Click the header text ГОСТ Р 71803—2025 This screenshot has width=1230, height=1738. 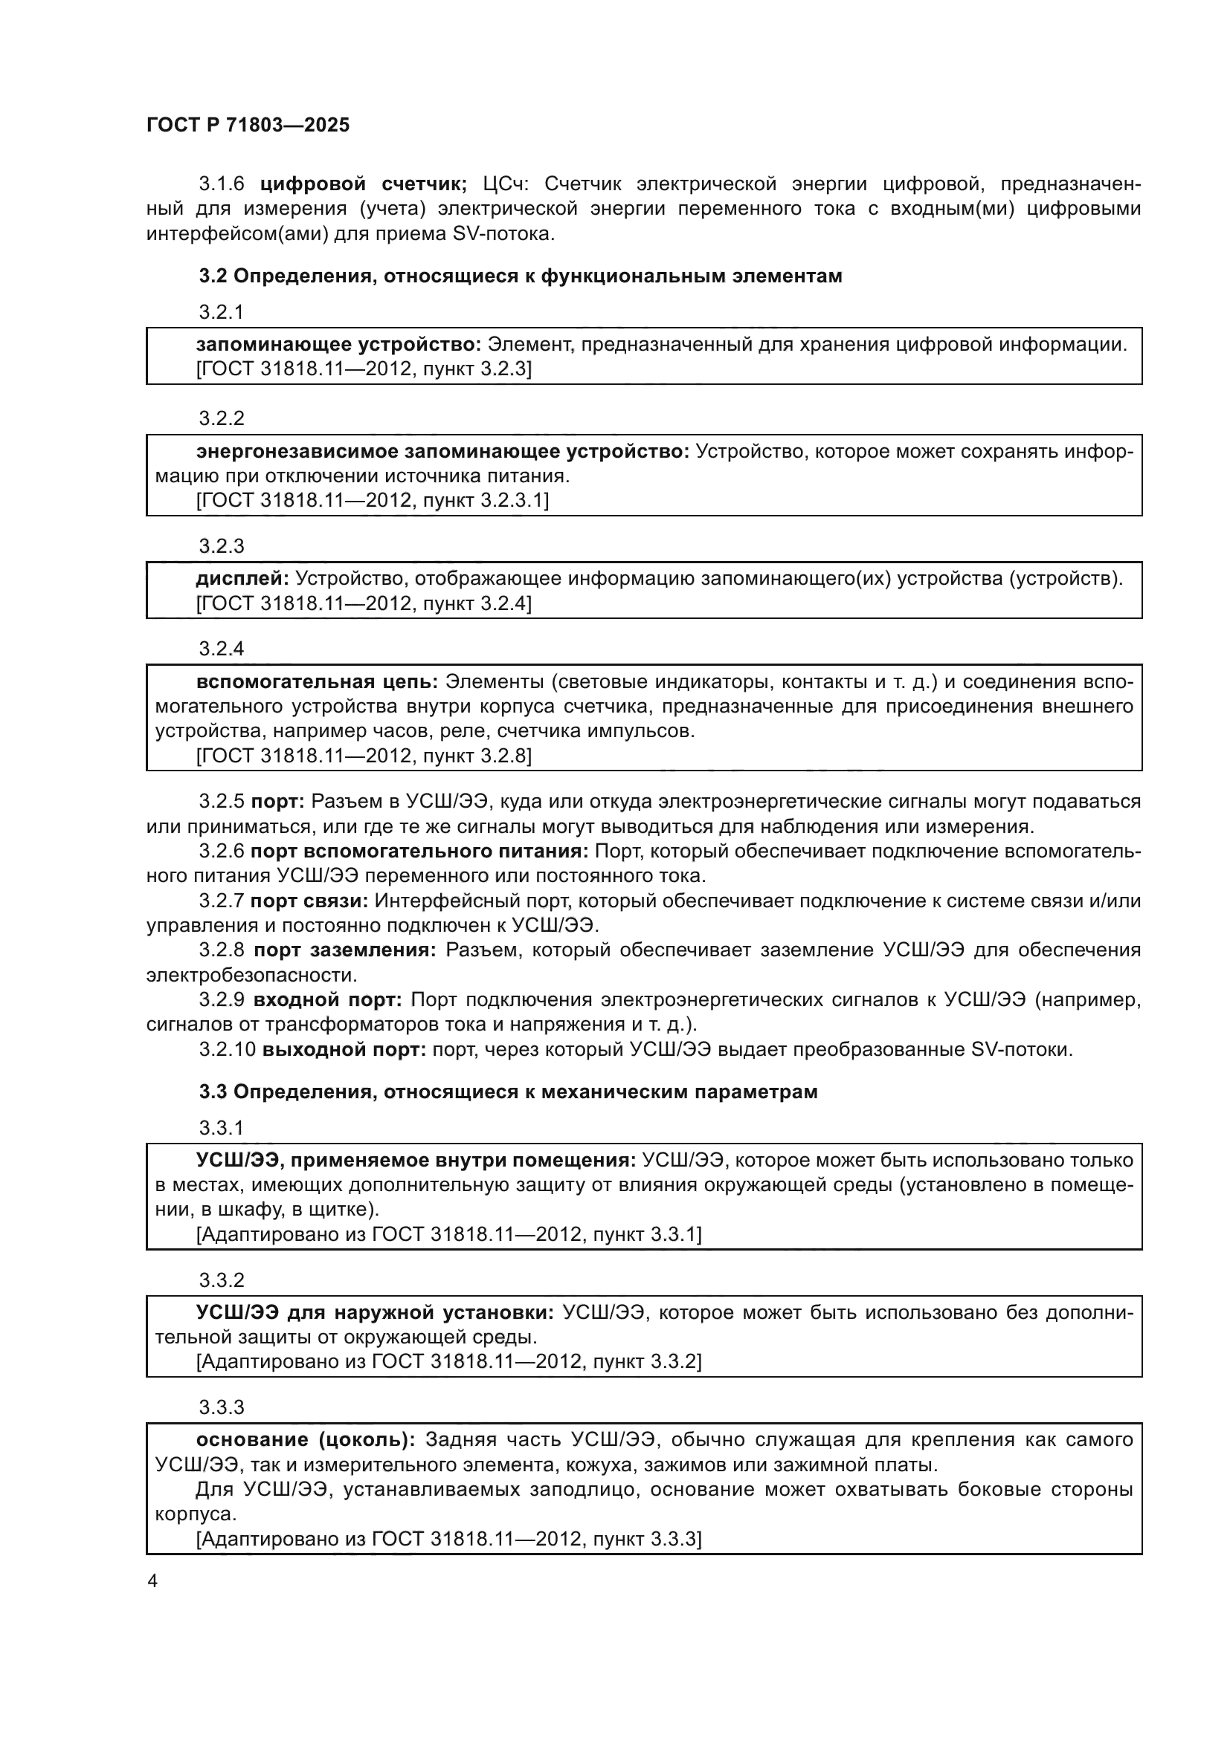pos(248,125)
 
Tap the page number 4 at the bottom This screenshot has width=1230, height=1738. pos(152,1581)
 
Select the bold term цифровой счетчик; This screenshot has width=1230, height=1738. pos(364,184)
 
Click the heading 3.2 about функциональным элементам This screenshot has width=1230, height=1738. pos(521,276)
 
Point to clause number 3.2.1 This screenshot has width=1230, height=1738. pos(221,312)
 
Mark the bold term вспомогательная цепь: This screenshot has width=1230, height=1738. pos(317,682)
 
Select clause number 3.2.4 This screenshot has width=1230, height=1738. pos(221,649)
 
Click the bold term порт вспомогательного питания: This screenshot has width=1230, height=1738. pos(419,852)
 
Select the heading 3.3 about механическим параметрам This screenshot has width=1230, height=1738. pos(508,1092)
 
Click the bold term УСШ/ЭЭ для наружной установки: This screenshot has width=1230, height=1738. pos(375,1312)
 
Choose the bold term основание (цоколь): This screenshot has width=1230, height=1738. pos(305,1440)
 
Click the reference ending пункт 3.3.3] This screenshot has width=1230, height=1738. pos(448,1539)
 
